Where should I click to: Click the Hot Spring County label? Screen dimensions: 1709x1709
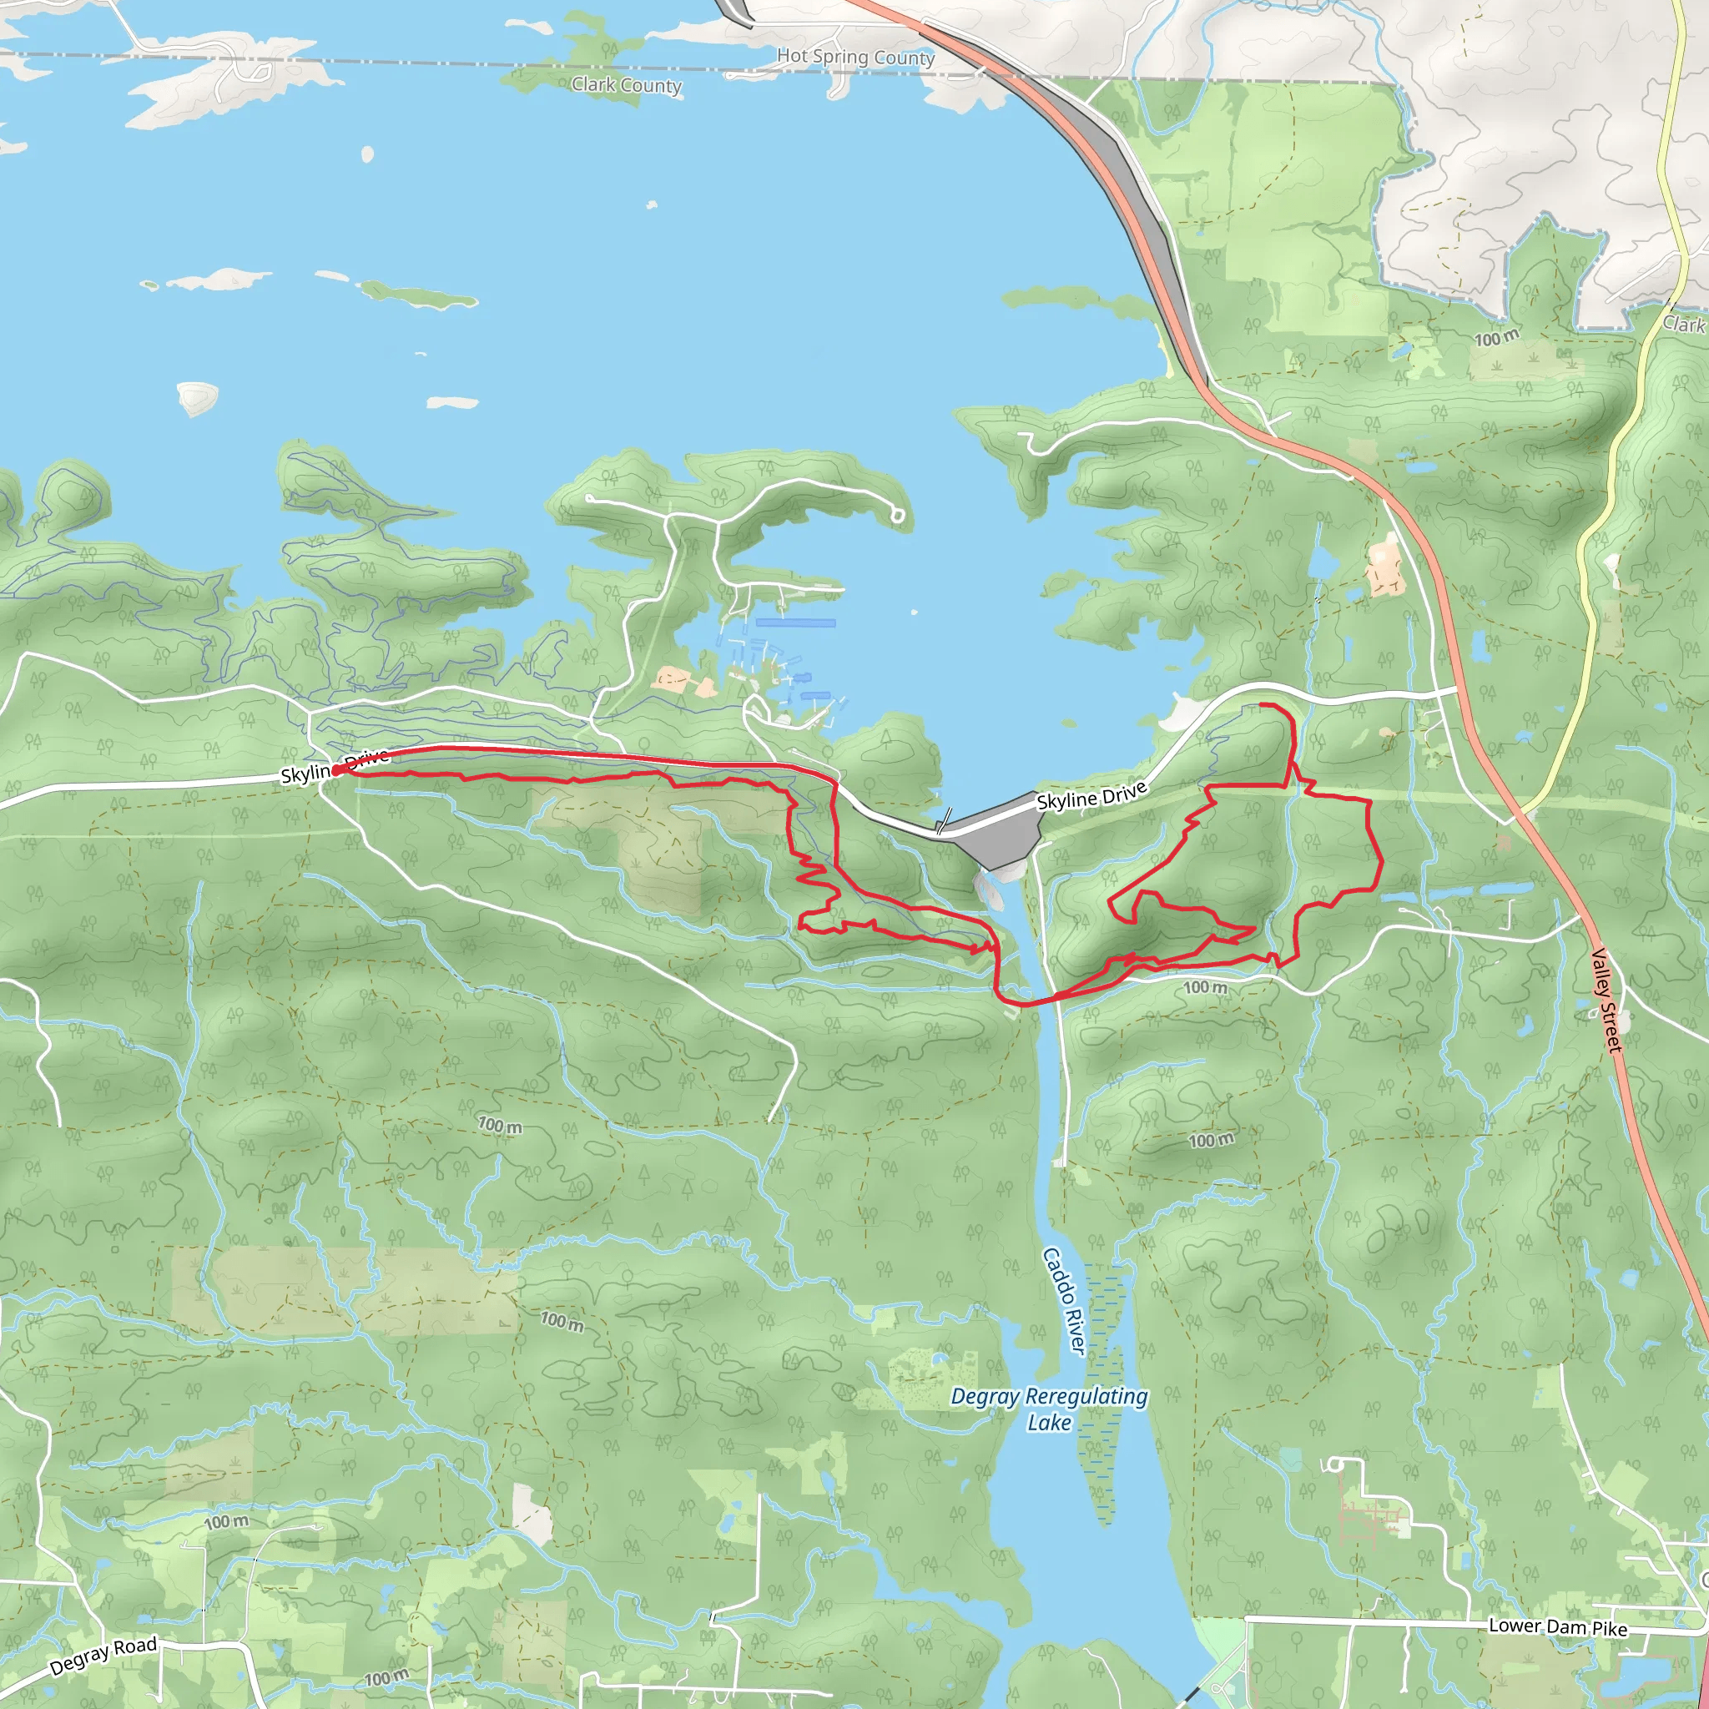854,57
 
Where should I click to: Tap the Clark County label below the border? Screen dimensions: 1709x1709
627,85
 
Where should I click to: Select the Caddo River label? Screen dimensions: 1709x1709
1063,1300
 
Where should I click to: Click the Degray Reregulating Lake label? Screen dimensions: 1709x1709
1049,1409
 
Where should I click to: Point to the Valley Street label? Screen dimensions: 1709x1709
1606,1000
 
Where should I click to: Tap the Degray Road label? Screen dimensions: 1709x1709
103,1655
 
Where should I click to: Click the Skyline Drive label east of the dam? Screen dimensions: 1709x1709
1091,795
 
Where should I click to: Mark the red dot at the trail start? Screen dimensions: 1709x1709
336,770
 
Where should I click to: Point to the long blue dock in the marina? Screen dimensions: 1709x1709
795,623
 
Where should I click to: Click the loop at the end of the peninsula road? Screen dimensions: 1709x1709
898,515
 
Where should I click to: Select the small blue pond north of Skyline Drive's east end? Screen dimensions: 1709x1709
1322,561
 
